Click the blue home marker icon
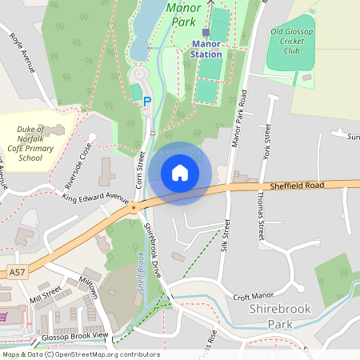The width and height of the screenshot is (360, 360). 180,173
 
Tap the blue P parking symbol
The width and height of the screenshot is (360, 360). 146,102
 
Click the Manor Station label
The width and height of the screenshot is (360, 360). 206,54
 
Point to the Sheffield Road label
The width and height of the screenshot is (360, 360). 298,185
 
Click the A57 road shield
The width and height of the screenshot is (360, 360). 18,273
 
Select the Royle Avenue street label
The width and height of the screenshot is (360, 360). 22,53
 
